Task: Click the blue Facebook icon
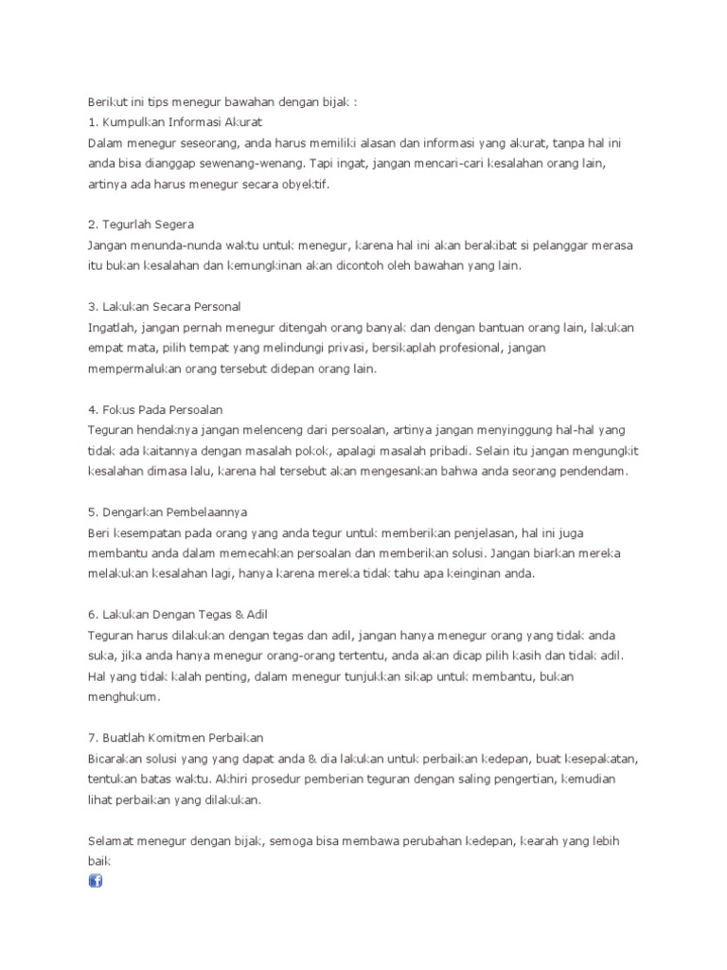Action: coord(95,881)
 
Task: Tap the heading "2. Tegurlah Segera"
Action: coord(140,225)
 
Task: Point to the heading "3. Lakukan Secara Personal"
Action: coord(164,306)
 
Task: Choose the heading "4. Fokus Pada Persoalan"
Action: coord(154,409)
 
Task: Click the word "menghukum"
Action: coord(123,696)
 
